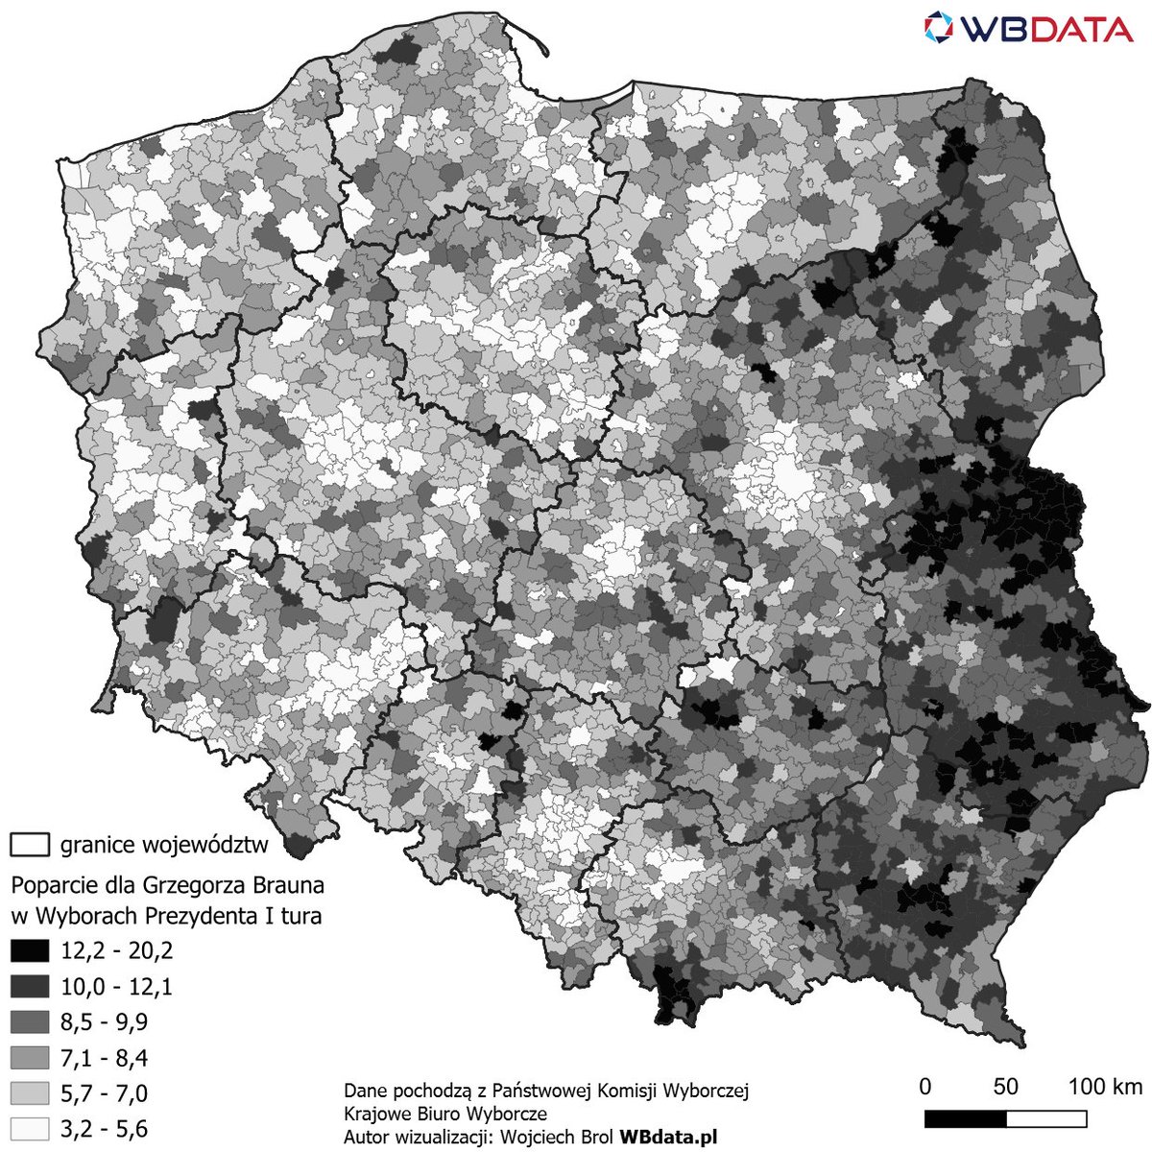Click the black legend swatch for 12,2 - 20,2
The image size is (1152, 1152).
click(29, 951)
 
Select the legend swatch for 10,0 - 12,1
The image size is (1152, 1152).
click(29, 987)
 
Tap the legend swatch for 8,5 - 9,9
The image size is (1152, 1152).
click(29, 1022)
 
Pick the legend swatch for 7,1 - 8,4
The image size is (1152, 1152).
click(29, 1058)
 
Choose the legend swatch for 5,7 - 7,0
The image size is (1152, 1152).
click(29, 1093)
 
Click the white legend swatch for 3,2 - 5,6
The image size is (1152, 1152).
click(29, 1129)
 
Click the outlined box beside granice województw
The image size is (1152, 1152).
click(30, 845)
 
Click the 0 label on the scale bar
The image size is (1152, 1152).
click(925, 1087)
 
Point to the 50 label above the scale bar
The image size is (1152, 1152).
click(1005, 1087)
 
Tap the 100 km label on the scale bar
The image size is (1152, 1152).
click(1105, 1087)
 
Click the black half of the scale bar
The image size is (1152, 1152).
click(965, 1119)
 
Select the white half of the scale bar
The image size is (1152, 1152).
click(1046, 1119)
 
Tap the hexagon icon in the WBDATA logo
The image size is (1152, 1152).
click(938, 28)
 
